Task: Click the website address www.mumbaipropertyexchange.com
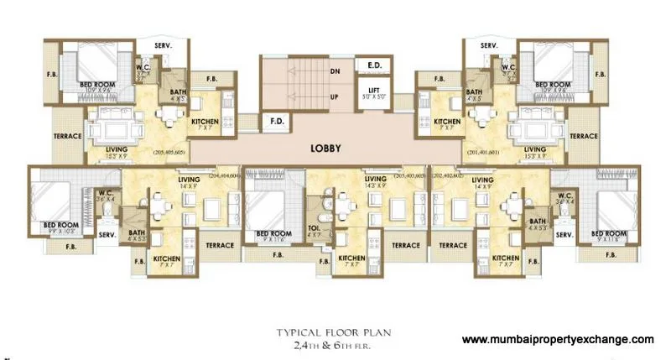click(x=558, y=340)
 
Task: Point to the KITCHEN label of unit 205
click(x=205, y=123)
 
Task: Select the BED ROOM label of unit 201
click(x=552, y=85)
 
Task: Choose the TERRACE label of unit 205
click(x=67, y=136)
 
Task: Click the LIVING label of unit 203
click(x=369, y=179)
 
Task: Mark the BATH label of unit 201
click(x=475, y=92)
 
